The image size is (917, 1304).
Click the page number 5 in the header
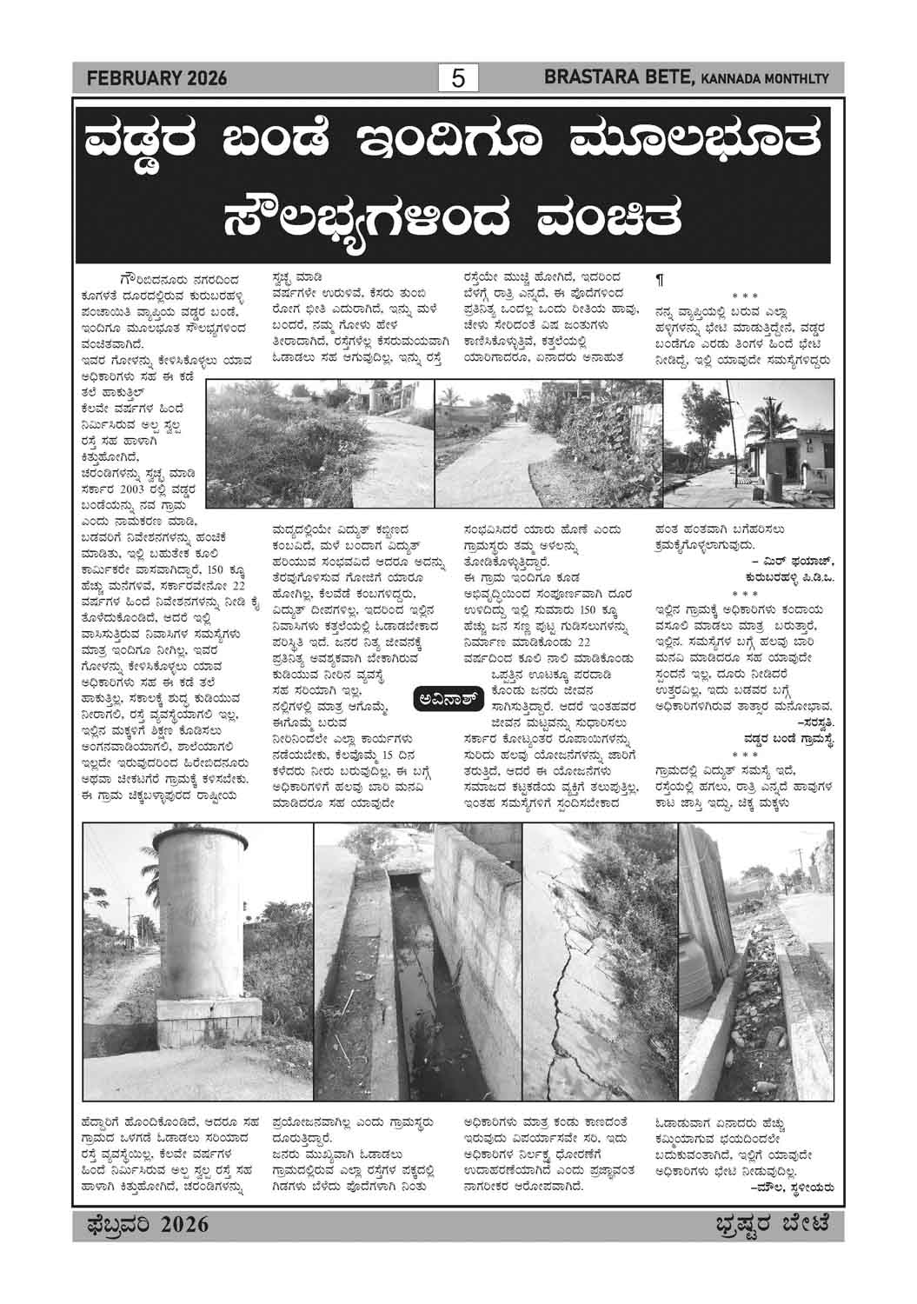458,79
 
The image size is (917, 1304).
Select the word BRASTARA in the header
584,78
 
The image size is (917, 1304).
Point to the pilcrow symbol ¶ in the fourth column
659,280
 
